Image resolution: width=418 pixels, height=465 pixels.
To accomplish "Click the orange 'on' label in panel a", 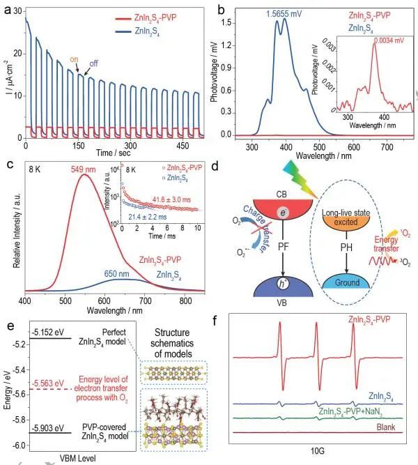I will click(74, 59).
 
